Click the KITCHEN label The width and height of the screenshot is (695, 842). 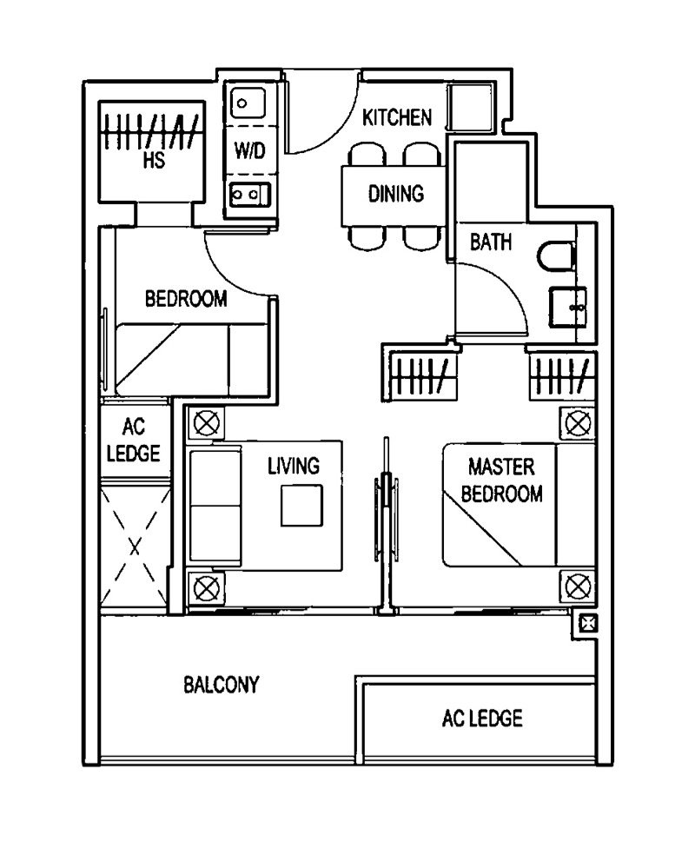click(396, 117)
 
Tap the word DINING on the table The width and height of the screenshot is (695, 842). click(395, 193)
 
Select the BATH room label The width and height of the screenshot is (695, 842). click(491, 242)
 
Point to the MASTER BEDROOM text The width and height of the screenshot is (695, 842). click(501, 481)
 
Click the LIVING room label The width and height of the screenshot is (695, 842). click(293, 466)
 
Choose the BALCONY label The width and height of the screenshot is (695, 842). click(221, 685)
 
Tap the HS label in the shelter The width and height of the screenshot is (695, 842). click(156, 161)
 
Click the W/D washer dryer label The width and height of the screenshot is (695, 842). click(249, 149)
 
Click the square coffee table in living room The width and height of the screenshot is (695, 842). click(301, 505)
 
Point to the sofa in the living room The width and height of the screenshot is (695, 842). click(215, 507)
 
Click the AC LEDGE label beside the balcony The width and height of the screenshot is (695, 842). click(482, 719)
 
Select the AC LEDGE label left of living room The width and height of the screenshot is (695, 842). click(133, 441)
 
